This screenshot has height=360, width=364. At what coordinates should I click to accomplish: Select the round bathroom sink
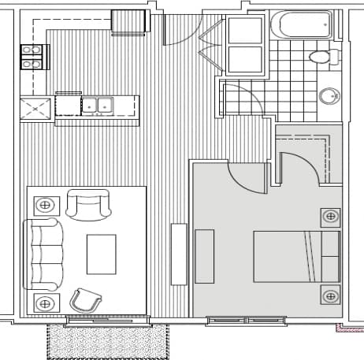click(x=329, y=96)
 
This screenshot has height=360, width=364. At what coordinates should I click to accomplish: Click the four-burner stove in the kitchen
click(x=34, y=58)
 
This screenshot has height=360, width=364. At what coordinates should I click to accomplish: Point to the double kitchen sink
click(x=97, y=104)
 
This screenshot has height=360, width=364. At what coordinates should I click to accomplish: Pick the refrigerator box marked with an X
click(x=36, y=106)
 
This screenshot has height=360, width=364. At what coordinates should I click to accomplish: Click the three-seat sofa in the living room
click(x=44, y=254)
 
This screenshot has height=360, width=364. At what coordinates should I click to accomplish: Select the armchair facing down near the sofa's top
click(x=88, y=205)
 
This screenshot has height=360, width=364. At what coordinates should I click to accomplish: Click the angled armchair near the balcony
click(x=86, y=299)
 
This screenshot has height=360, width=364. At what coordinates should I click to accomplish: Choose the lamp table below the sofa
click(x=46, y=302)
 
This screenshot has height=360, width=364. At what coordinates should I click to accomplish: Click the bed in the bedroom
click(x=295, y=256)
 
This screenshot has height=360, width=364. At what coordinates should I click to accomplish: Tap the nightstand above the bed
click(x=329, y=216)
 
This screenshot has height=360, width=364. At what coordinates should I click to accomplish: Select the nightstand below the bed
click(x=329, y=295)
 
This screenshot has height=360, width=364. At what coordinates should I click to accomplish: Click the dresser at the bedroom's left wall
click(x=204, y=256)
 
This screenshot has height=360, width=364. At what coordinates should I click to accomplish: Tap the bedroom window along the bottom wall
click(x=247, y=320)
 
